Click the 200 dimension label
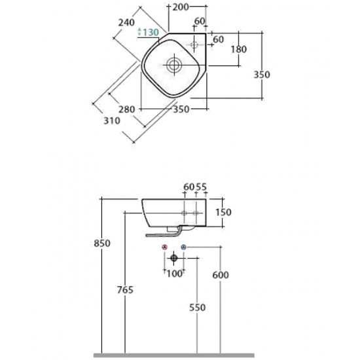click(180, 7)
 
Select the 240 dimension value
click(126, 23)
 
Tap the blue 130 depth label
click(151, 32)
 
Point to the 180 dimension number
click(238, 49)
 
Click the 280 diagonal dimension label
click(126, 109)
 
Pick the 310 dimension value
click(112, 121)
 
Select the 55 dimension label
click(202, 187)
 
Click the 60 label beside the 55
click(189, 187)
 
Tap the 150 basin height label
click(223, 212)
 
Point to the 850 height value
click(102, 243)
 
